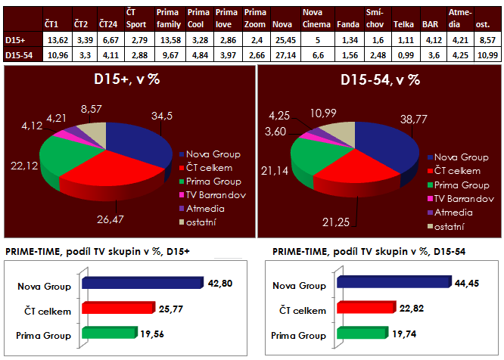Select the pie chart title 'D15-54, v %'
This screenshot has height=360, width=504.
pos(380,81)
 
